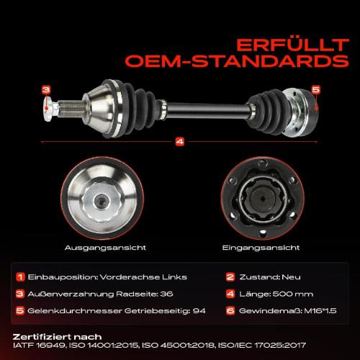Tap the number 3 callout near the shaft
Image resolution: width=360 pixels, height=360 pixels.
(45, 90)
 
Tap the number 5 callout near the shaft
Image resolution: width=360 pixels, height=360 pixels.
(315, 89)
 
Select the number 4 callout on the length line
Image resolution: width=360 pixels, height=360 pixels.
(179, 141)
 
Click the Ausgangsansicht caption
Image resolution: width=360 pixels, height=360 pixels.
(105, 246)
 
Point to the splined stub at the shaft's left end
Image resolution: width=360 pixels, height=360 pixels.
(62, 109)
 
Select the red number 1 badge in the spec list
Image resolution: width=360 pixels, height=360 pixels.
(20, 276)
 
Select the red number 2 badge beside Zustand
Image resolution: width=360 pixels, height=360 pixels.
(231, 276)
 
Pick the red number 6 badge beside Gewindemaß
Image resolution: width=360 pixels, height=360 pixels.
(231, 310)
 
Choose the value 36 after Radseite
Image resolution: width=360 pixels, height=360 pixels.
(165, 294)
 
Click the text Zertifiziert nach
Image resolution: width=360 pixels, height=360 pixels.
(57, 336)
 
